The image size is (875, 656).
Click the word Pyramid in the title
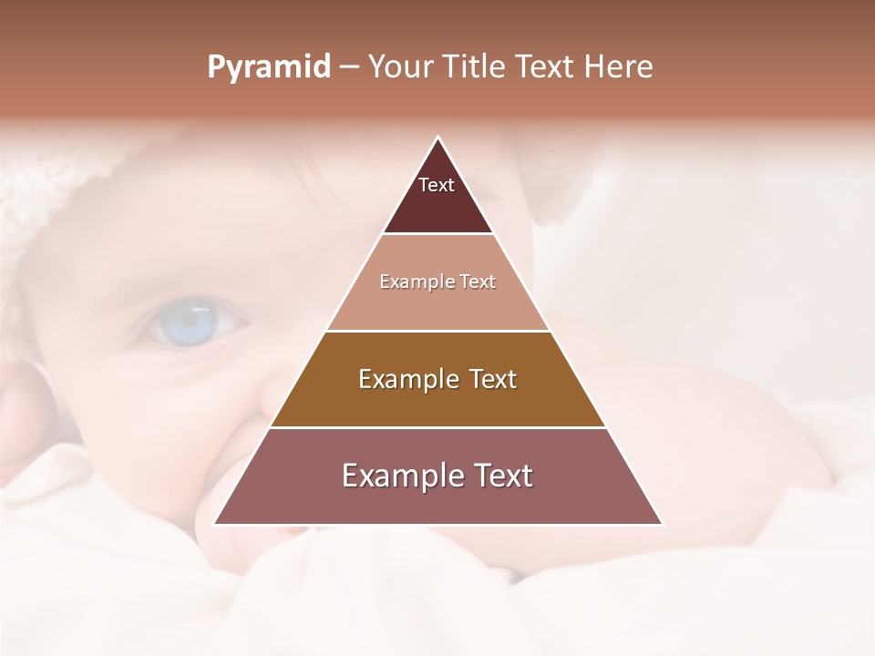pos(268,67)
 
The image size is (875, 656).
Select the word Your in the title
pos(402,67)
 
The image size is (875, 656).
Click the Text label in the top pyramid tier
pos(437,186)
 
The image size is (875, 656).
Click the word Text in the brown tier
pos(491,379)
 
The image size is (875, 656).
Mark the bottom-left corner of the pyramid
pos(214,524)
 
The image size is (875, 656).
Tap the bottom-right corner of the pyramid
pos(662,524)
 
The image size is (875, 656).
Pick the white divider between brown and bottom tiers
pos(437,427)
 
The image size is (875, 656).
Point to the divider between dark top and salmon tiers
pos(437,234)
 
